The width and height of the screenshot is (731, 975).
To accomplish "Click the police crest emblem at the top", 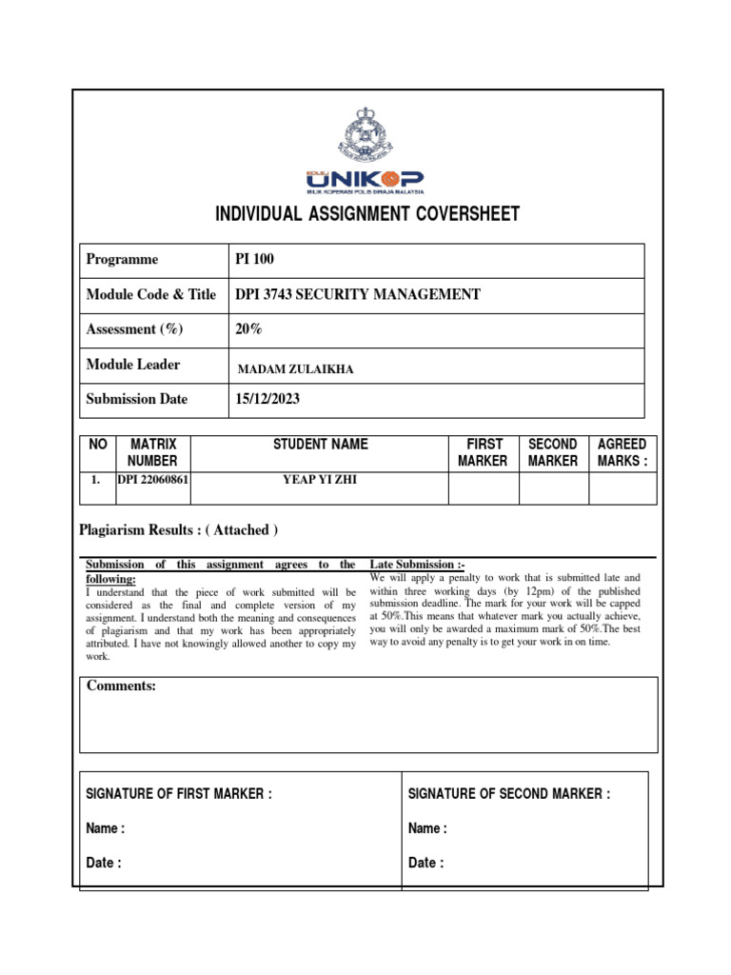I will coord(365,134).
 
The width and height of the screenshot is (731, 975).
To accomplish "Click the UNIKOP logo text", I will coord(365,180).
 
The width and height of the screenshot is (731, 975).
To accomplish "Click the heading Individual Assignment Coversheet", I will coord(367,214).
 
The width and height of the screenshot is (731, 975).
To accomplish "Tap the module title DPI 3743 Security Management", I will coord(358,295).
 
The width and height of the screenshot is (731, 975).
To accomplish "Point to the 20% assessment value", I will coord(248,329).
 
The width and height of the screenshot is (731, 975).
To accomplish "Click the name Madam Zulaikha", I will coord(295,369).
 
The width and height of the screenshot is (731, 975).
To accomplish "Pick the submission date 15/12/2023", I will coord(267,400).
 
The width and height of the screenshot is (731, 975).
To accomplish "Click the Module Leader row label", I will coord(132,365).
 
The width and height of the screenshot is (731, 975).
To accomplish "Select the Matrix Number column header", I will coord(153,452).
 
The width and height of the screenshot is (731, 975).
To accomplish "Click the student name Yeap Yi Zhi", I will coord(320,480).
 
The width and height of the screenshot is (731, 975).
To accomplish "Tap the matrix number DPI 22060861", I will coord(153,480).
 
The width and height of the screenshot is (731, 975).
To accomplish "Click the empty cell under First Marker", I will coord(483,488).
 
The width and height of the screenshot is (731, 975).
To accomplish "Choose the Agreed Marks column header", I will coord(622,452).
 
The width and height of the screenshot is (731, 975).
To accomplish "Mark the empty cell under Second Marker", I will coord(553,488).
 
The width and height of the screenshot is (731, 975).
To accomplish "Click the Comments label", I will coord(121,686).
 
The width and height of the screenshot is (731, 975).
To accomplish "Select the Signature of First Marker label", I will coord(179,794).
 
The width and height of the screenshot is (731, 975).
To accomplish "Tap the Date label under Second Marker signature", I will coord(425,864).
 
